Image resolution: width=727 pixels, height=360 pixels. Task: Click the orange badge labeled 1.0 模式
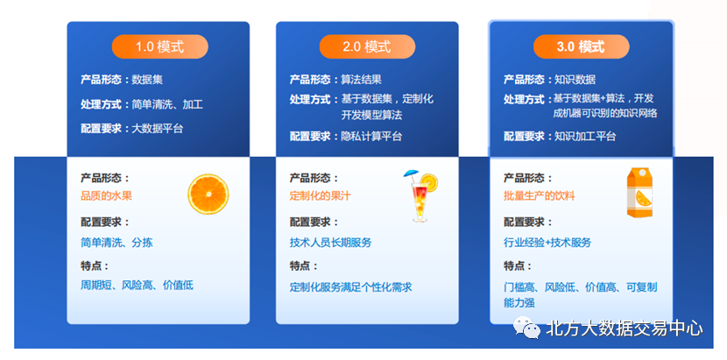(x=159, y=46)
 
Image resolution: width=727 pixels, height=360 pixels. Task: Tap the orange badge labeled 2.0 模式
(x=367, y=46)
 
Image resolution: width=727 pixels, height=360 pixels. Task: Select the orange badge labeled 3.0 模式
(x=581, y=46)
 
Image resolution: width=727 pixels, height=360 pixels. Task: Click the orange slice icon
(x=208, y=194)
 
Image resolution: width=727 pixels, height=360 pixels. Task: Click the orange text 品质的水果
(x=106, y=196)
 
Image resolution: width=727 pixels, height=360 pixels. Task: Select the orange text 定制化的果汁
(x=321, y=196)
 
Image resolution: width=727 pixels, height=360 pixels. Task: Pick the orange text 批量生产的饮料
(x=539, y=196)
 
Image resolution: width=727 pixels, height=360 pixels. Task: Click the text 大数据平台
(x=158, y=129)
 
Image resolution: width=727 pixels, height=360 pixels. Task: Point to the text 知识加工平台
(x=584, y=136)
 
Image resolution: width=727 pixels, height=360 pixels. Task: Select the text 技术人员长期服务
(x=330, y=243)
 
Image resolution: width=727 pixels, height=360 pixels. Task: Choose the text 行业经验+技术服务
(x=547, y=243)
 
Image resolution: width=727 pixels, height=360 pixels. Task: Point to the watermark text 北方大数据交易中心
(x=624, y=330)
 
